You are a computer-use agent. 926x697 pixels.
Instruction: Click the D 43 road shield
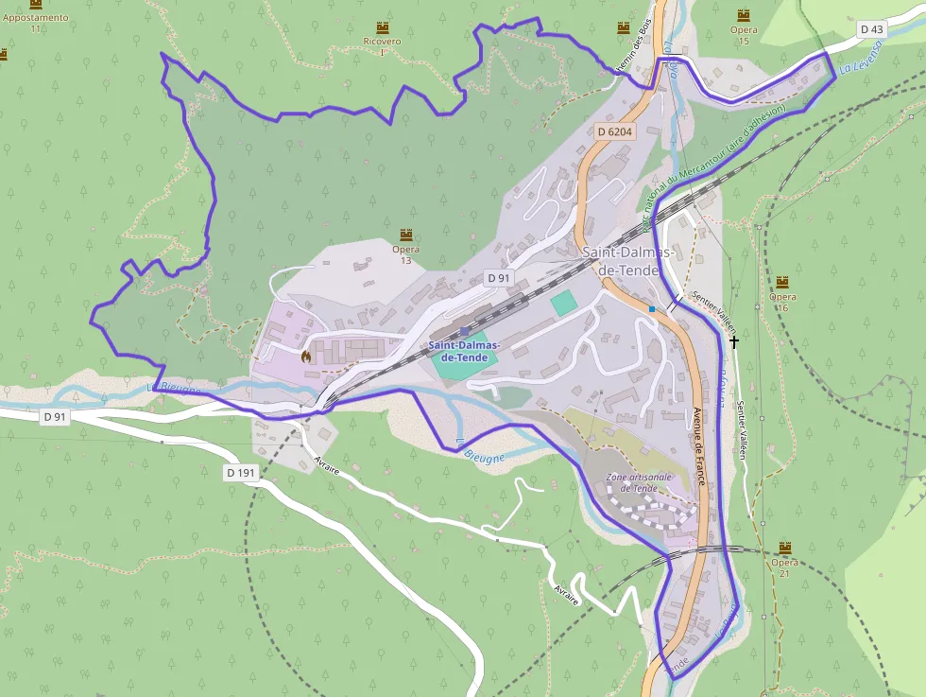click(872, 29)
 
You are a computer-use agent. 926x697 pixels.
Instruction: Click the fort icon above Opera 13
click(406, 235)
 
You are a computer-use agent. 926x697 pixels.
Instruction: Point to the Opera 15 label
click(744, 35)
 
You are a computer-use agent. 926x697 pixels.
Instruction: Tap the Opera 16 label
click(782, 302)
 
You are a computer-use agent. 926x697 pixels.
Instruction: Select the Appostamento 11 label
click(36, 23)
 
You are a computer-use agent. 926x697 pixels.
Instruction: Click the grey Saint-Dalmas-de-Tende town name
click(627, 261)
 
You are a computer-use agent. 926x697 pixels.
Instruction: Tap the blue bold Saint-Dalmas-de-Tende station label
click(464, 352)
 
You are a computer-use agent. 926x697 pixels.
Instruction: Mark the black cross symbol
click(733, 340)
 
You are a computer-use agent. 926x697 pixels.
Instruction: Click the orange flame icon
click(305, 357)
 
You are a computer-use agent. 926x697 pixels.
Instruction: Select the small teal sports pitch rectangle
click(563, 304)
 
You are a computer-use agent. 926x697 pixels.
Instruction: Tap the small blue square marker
click(652, 309)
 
